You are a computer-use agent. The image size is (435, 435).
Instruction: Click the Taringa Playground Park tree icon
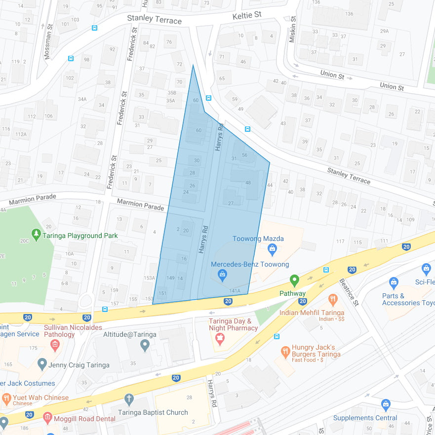pos(36,233)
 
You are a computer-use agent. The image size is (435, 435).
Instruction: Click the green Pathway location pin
pos(295,280)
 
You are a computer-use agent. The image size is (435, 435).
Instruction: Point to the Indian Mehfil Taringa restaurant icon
pos(333,299)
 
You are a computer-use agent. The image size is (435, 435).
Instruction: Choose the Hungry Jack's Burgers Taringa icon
pos(285,352)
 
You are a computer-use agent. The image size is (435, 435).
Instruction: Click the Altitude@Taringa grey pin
pos(144,346)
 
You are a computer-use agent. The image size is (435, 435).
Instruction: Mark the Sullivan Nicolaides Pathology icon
pos(55,344)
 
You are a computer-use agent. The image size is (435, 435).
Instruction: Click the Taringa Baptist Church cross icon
pos(129,399)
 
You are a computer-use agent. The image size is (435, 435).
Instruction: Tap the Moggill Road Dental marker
pos(47,418)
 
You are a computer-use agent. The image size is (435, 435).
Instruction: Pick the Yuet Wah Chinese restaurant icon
pos(6,398)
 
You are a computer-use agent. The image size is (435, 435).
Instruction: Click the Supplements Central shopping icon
pos(386,404)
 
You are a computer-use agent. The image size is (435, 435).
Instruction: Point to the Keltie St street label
pos(247,16)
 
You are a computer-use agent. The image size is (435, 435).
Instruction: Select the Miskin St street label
pos(293,33)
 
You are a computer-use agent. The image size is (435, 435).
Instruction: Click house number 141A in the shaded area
pos(235,291)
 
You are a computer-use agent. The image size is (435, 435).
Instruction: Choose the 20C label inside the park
pos(24,241)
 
